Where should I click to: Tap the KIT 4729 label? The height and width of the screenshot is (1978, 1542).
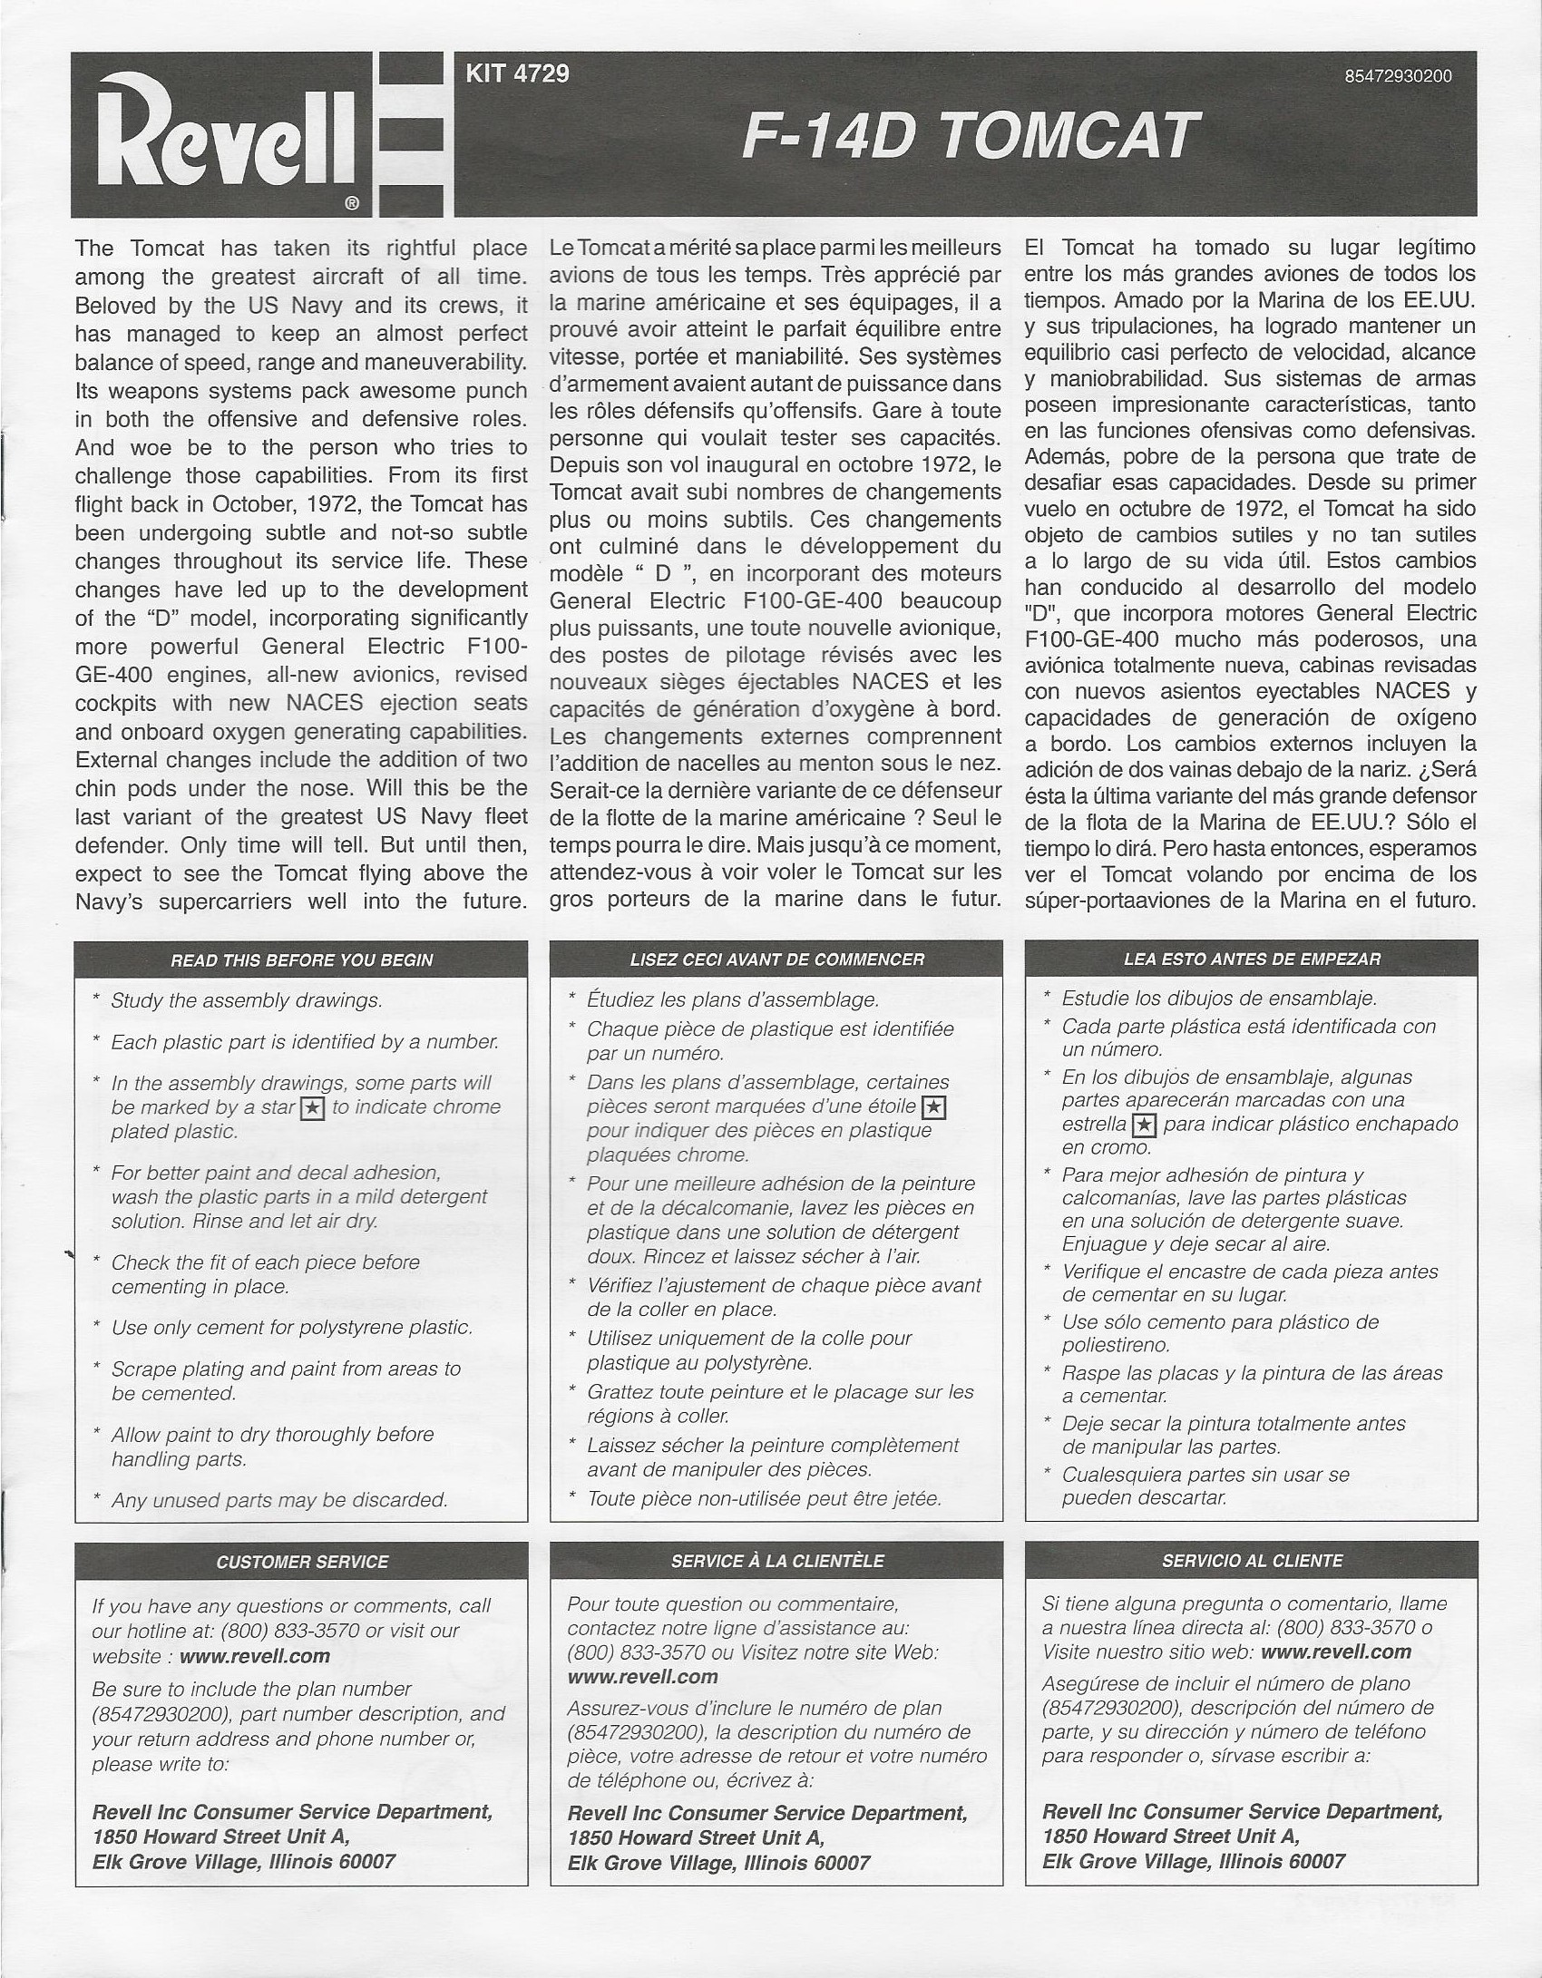click(x=517, y=73)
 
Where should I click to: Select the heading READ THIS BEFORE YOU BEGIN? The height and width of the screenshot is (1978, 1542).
click(x=301, y=960)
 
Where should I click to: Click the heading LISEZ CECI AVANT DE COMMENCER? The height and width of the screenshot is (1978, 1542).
click(x=776, y=959)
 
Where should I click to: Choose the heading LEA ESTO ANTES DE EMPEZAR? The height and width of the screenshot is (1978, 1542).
click(x=1252, y=959)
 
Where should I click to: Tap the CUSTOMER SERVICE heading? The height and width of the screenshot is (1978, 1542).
click(x=301, y=1562)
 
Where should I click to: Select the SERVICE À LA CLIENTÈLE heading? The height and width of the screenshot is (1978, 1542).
click(x=776, y=1561)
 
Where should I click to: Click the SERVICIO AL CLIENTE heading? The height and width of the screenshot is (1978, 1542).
click(x=1252, y=1561)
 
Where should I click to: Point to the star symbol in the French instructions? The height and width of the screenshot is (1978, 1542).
click(x=932, y=1107)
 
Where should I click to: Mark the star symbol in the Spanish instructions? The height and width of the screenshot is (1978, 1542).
click(x=1145, y=1125)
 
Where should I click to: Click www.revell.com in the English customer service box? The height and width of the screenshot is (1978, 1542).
click(x=254, y=1656)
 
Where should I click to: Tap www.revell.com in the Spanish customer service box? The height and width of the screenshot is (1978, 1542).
click(x=1335, y=1652)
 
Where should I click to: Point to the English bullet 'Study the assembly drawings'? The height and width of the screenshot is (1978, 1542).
click(x=246, y=1000)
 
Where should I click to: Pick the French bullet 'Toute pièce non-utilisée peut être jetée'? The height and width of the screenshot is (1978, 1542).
click(x=764, y=1499)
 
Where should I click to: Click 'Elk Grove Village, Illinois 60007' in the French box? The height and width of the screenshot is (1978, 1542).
click(x=718, y=1863)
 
